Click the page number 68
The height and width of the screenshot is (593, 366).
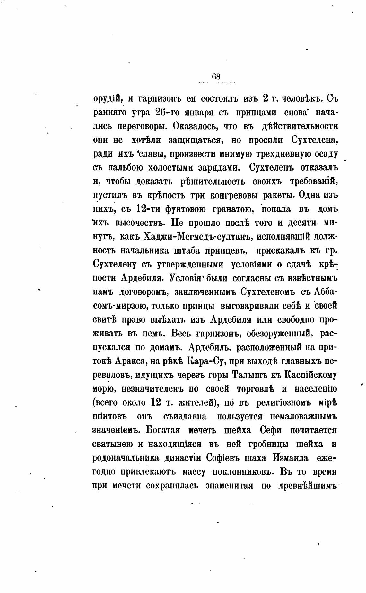[x=216, y=77]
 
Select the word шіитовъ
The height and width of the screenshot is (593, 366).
[x=110, y=417]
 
